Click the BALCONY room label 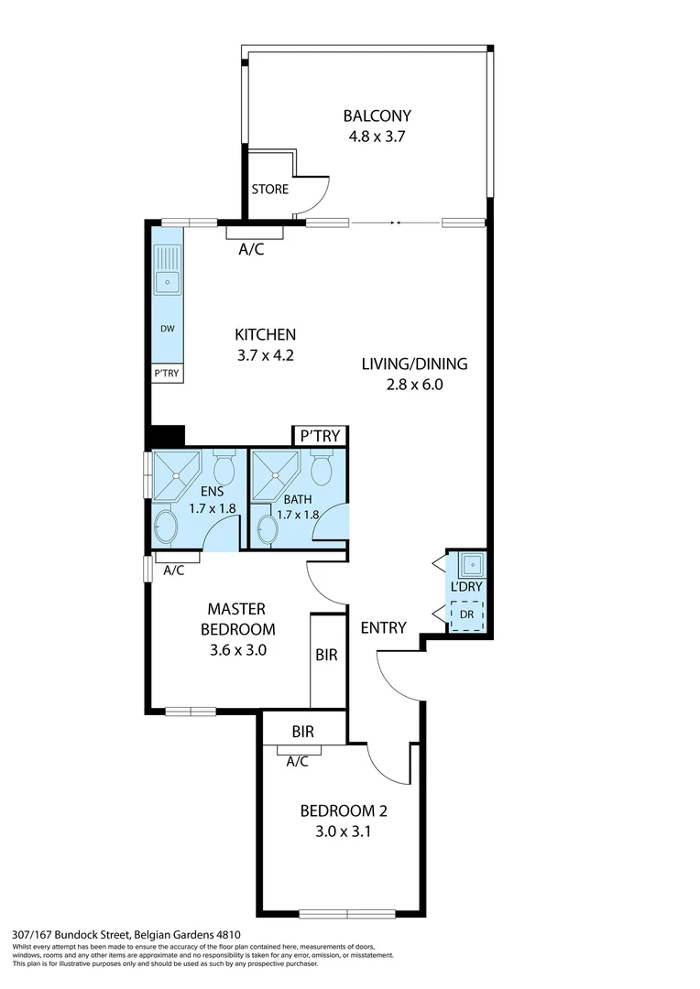click(377, 116)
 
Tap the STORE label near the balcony click(269, 190)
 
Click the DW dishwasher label click(167, 329)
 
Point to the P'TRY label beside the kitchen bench click(167, 374)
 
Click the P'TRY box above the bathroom click(319, 437)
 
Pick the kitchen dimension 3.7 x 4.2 click(265, 356)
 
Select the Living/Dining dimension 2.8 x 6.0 click(414, 386)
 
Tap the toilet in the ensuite click(224, 469)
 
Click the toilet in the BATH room click(322, 469)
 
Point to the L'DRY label click(466, 586)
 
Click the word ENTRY click(383, 627)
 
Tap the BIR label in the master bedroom click(327, 656)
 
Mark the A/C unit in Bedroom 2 click(296, 750)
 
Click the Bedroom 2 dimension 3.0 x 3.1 click(339, 832)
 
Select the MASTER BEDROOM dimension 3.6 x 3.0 click(235, 650)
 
